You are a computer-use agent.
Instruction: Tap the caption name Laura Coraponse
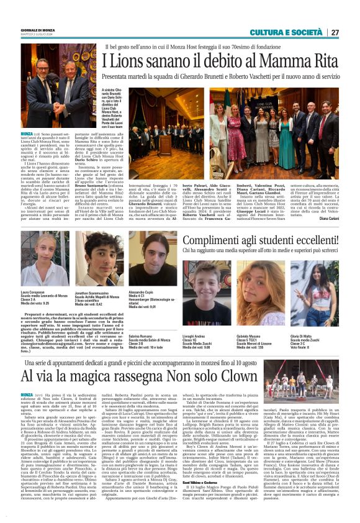[33, 291]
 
